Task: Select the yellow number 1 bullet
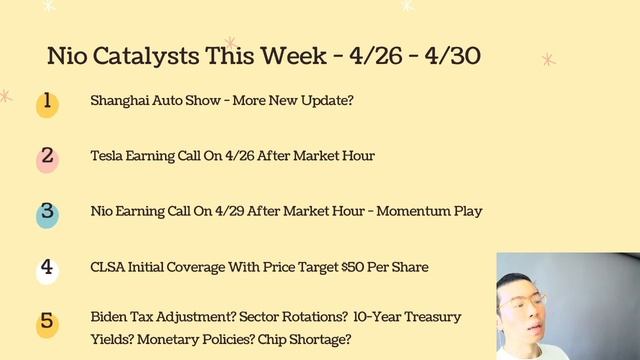coord(47,103)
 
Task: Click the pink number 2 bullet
coord(47,158)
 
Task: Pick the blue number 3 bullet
coord(47,213)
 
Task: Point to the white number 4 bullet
coord(47,269)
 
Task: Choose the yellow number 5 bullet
coord(47,323)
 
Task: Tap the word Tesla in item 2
coord(107,156)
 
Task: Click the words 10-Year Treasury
coord(409,317)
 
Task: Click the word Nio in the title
coord(69,56)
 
